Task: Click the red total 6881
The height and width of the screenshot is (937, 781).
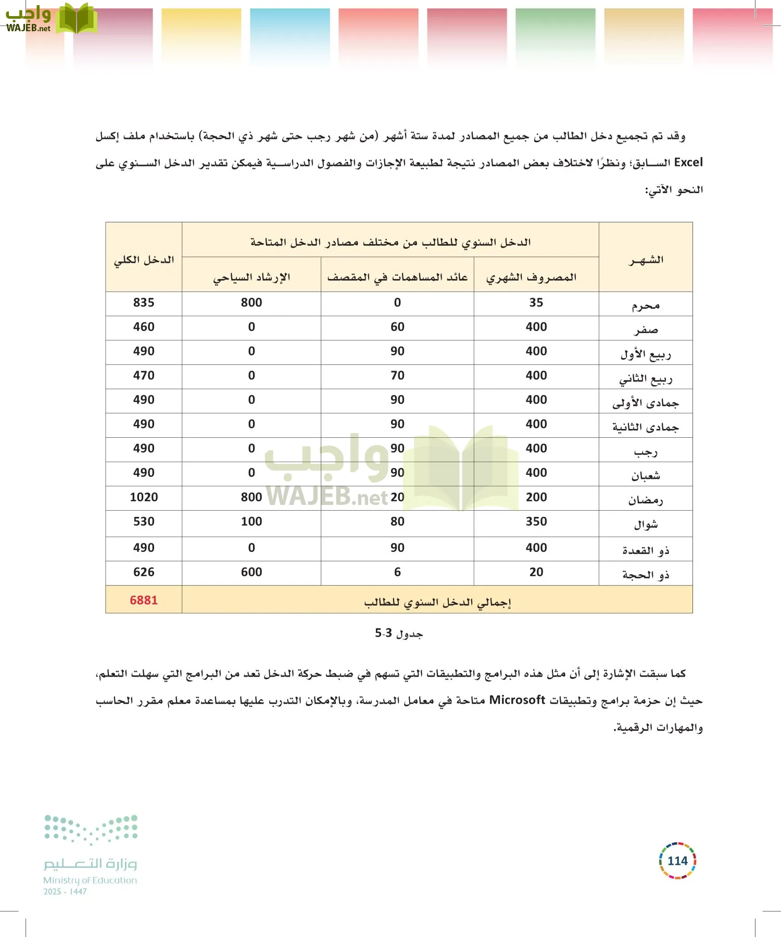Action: coord(144,600)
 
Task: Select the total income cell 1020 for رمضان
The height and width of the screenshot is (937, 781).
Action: coord(144,497)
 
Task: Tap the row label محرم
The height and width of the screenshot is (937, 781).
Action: coord(646,305)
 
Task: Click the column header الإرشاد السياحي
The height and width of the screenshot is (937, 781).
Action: coord(251,277)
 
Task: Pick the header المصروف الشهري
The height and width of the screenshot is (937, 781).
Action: coord(531,277)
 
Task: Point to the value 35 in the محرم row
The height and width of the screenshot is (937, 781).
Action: coord(536,302)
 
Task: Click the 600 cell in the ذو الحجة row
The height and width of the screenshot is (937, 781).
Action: coord(251,572)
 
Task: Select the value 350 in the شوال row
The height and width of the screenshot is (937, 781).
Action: coord(536,522)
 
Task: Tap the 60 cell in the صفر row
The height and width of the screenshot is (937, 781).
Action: coord(397,327)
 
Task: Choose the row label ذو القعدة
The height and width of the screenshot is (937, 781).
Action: coord(646,550)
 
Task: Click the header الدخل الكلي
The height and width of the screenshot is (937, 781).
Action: coord(144,259)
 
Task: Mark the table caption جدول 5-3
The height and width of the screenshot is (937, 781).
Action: coord(399,634)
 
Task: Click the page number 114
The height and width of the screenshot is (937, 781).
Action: coord(677,861)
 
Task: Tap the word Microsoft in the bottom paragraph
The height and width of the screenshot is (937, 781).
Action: coord(517,700)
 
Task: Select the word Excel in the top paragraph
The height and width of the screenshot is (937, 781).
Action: coord(688,162)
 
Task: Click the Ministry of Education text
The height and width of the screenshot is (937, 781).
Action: coord(90,880)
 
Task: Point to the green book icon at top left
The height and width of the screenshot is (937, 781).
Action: coord(77,19)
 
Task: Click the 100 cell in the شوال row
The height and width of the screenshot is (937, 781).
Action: coord(251,522)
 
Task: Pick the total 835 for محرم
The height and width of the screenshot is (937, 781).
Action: coord(144,302)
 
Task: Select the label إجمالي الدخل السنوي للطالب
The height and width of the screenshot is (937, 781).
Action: coord(437,602)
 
